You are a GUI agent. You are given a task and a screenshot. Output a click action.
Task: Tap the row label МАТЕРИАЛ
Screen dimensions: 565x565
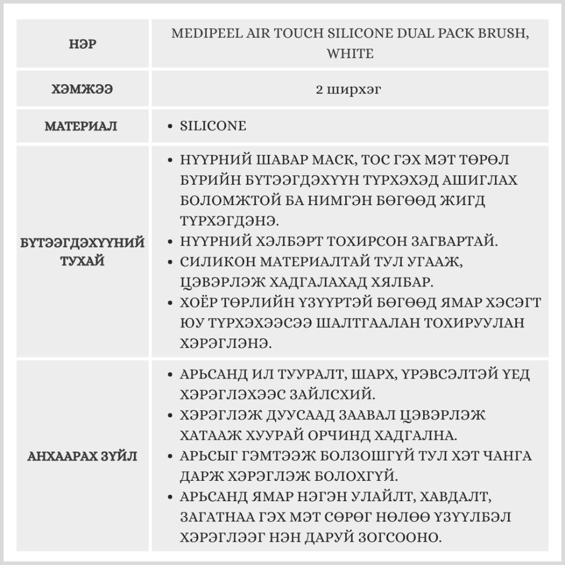tap(81, 126)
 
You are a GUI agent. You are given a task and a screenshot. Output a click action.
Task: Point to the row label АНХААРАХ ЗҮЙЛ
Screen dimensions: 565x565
tap(82, 457)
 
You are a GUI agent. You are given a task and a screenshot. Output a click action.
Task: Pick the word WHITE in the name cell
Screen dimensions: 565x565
tap(350, 54)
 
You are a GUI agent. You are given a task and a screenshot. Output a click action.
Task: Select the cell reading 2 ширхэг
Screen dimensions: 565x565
tap(350, 89)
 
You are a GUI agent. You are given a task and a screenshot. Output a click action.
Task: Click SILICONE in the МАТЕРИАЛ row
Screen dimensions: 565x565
tap(213, 125)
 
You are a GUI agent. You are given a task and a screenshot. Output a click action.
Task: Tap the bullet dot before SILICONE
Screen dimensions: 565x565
tap(171, 126)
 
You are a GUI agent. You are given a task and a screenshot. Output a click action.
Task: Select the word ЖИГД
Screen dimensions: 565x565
tap(463, 201)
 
